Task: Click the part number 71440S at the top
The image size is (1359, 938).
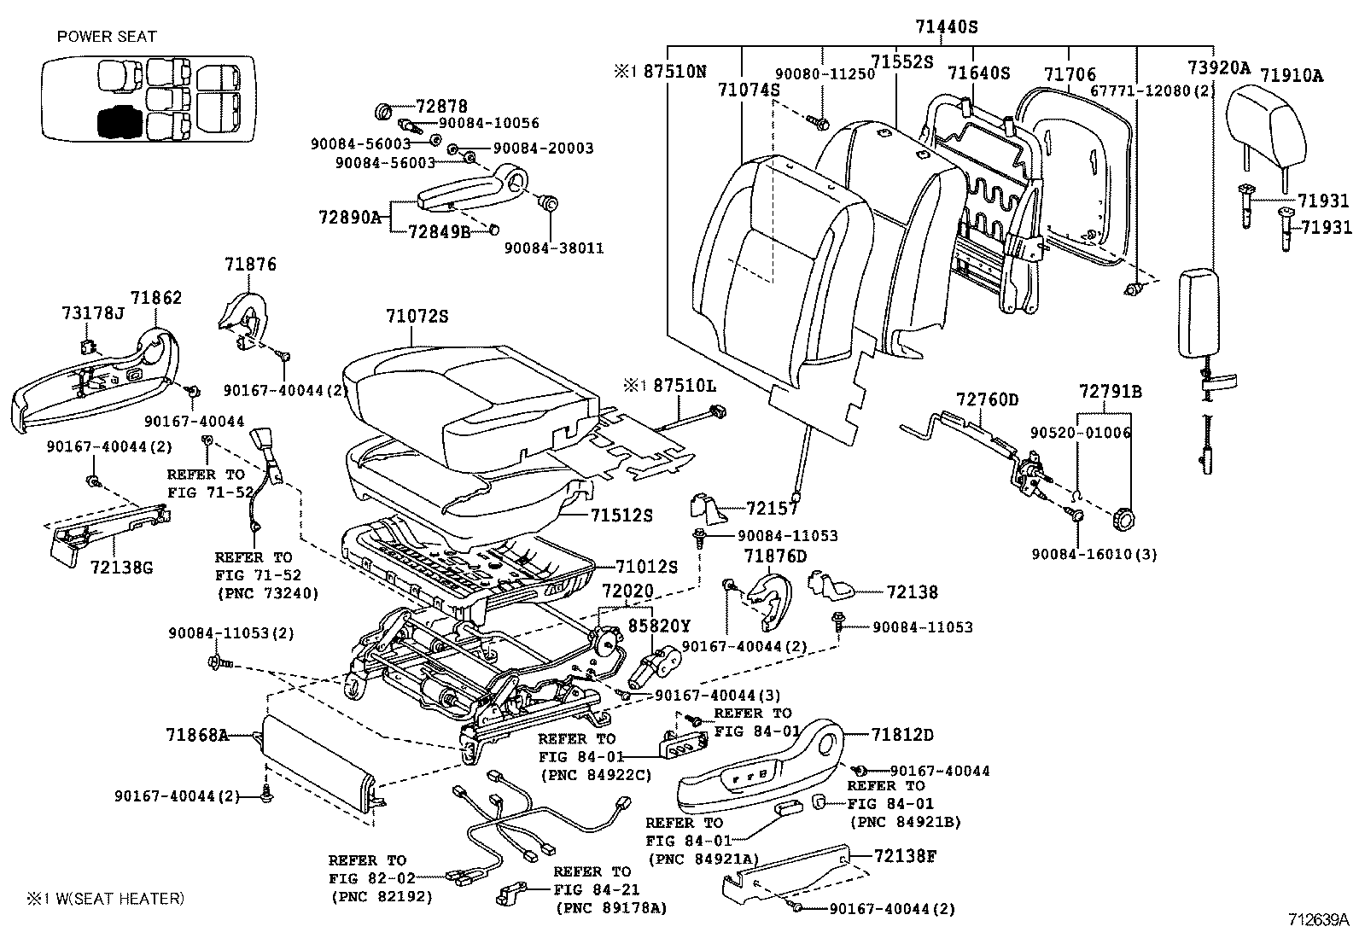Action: point(946,26)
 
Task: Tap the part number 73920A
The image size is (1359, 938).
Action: point(1218,69)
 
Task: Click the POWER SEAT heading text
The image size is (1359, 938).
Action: point(107,37)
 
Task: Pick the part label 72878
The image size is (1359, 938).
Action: point(441,107)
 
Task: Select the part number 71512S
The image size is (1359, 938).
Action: point(621,516)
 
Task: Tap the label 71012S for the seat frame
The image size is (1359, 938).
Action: point(646,567)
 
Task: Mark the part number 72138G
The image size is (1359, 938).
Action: point(120,567)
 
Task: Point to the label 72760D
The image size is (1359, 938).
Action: point(987,399)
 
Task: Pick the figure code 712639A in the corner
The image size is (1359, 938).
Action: point(1318,920)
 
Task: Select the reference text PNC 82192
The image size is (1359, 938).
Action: point(381,896)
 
